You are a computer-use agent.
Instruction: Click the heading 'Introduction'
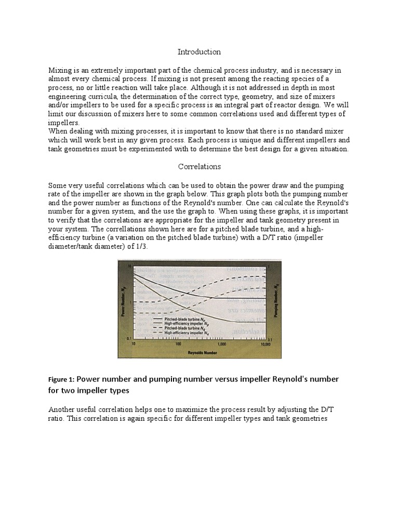pos(199,52)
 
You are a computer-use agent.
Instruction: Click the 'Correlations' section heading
pos(199,167)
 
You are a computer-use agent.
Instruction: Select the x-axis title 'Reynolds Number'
pos(199,353)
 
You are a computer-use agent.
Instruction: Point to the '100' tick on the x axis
pos(178,343)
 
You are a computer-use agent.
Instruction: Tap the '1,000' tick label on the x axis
pos(222,343)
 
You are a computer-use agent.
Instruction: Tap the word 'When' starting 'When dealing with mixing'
pos(58,132)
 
